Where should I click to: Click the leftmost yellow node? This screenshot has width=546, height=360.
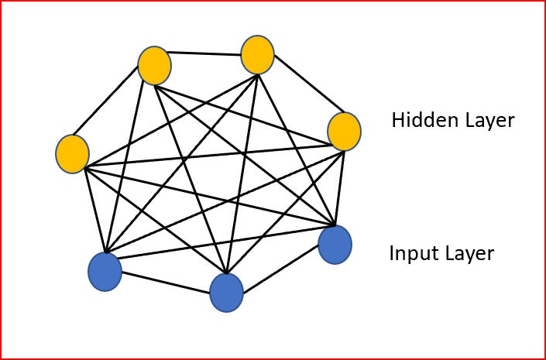(x=72, y=153)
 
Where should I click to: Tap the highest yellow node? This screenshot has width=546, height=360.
(x=257, y=55)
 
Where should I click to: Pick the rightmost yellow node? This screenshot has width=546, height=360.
(x=344, y=131)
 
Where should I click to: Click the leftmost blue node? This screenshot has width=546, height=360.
(x=105, y=272)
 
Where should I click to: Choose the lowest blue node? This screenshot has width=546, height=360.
(x=226, y=293)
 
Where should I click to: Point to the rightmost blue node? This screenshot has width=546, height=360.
(x=335, y=244)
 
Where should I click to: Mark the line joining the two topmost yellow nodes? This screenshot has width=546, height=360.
(x=205, y=53)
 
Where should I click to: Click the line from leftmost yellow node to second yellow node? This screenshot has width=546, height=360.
(x=112, y=111)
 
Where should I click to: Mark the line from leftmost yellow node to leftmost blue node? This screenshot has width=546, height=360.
(x=95, y=207)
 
